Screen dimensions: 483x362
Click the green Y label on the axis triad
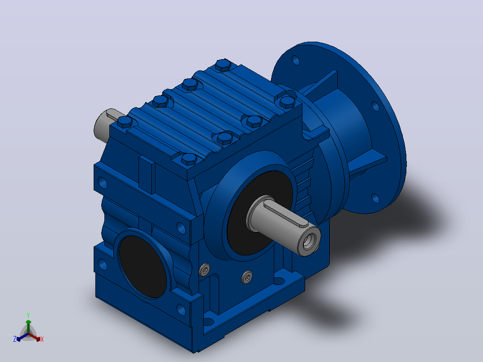(x=28, y=315)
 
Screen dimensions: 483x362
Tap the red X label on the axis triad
(x=42, y=339)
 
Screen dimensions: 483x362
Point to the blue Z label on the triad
(x=15, y=339)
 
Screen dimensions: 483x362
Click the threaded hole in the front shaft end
(x=308, y=241)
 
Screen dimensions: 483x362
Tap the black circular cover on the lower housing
(x=142, y=267)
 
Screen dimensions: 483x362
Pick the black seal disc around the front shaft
(x=259, y=212)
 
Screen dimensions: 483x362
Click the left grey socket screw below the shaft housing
(x=204, y=270)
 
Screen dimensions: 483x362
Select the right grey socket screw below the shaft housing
(x=247, y=277)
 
